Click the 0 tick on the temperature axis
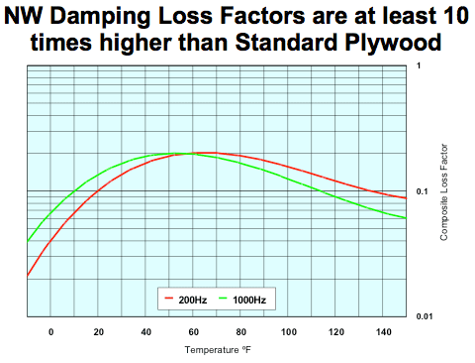click(51, 330)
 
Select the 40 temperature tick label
click(145, 330)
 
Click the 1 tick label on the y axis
click(420, 65)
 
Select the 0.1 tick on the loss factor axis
click(421, 191)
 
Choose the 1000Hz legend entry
click(243, 297)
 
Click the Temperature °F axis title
click(215, 349)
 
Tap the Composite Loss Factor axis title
click(446, 191)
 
